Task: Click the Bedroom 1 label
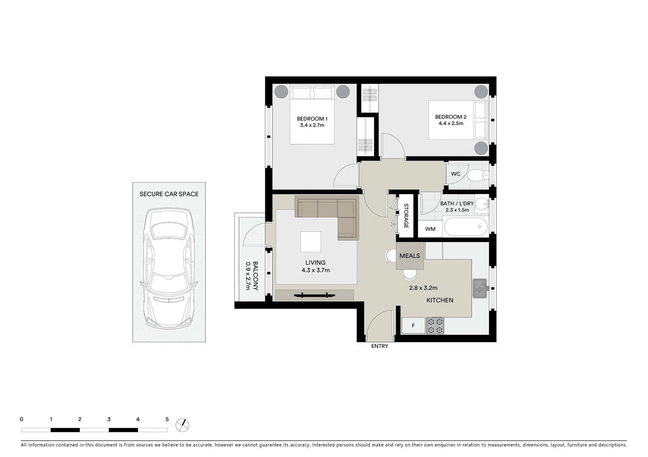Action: [x=312, y=119]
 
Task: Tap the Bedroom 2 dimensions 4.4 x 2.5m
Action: [x=451, y=124]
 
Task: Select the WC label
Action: [x=456, y=174]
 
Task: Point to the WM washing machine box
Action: [x=430, y=229]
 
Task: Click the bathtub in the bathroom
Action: [x=466, y=227]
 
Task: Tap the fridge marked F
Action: [x=413, y=326]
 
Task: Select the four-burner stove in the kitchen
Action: [x=435, y=325]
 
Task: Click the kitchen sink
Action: [x=481, y=289]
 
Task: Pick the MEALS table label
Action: [x=409, y=256]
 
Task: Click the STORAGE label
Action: [x=406, y=216]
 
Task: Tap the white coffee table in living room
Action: [x=311, y=242]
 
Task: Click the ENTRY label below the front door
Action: [x=379, y=346]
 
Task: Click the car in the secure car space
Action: [x=169, y=269]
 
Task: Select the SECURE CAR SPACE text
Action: [x=169, y=194]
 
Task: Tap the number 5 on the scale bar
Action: [x=167, y=419]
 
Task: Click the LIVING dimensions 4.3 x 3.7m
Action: [x=315, y=270]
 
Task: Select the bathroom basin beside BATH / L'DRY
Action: [x=481, y=204]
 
